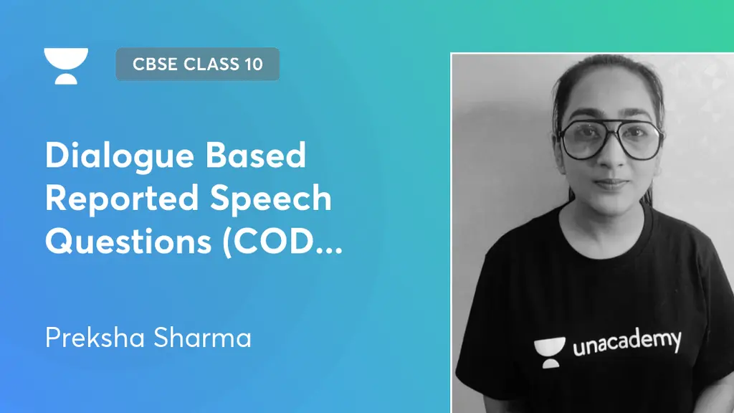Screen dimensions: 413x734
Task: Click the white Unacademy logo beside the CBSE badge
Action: coord(66,65)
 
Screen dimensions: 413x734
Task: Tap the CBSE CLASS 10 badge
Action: coord(197,64)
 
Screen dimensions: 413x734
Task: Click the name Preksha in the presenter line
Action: coord(94,338)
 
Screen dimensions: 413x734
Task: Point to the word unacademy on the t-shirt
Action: coord(626,342)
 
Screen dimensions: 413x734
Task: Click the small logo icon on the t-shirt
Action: coord(548,352)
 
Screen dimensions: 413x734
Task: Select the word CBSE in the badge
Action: coord(156,64)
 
